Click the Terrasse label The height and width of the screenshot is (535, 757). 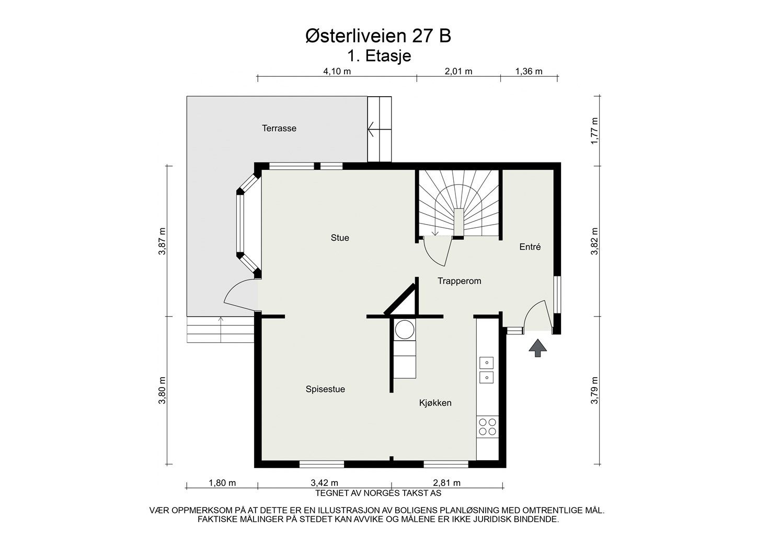point(279,129)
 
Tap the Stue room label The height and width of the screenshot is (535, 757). point(340,238)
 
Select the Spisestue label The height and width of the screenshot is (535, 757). point(326,389)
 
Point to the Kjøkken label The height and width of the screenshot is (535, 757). point(435,403)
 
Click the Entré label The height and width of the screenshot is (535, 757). point(530,247)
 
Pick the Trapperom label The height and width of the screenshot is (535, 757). point(459,281)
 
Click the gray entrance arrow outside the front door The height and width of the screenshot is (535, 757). point(537,348)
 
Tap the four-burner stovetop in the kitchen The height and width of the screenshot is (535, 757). point(488,427)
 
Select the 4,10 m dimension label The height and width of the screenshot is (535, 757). point(337,71)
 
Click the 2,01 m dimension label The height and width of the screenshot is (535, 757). point(458,71)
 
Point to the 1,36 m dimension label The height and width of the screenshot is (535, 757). point(529,71)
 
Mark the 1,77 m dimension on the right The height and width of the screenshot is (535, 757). point(594,131)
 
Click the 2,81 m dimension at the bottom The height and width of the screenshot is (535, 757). point(446,483)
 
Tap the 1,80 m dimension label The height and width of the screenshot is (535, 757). point(222,483)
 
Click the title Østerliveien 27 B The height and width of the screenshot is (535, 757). point(378,36)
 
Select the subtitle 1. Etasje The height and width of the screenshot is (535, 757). point(379,56)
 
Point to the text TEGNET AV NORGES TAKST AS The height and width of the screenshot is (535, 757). point(378,493)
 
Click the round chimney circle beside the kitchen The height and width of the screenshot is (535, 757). point(405,329)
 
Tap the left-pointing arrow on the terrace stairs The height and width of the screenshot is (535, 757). point(379,129)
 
